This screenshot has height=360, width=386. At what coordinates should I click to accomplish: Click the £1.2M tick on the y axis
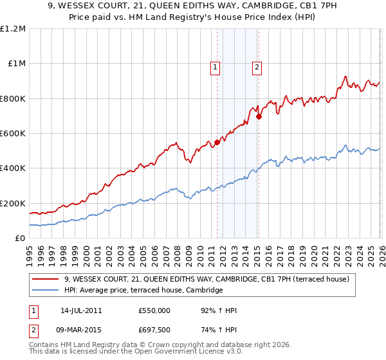point(13,28)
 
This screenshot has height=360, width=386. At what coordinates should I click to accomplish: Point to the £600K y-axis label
point(13,133)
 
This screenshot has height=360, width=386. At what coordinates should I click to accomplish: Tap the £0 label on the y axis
point(19,238)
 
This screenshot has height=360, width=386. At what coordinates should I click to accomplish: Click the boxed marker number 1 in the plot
point(214,66)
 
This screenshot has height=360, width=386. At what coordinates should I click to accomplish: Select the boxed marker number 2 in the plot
point(257,66)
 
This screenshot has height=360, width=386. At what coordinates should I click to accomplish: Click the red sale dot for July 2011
point(217,143)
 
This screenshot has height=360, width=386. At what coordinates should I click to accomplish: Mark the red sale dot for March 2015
point(259,116)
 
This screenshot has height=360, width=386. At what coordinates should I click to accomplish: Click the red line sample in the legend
point(46,279)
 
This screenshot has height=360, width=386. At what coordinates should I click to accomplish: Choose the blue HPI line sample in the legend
point(46,291)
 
